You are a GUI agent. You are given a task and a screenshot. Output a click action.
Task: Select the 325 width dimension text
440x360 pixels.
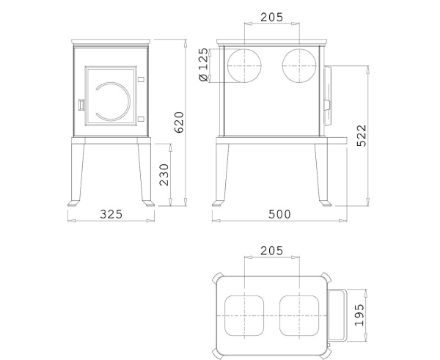[111, 214]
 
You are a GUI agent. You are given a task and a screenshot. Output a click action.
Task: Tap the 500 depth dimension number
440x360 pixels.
[279, 214]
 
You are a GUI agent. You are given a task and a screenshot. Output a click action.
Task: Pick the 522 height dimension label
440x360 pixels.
[361, 135]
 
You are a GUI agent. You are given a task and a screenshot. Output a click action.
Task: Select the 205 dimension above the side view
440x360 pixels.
[271, 16]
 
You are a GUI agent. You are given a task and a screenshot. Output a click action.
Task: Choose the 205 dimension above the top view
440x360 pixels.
[271, 251]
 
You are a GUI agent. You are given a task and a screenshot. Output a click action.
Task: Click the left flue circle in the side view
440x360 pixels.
[243, 66]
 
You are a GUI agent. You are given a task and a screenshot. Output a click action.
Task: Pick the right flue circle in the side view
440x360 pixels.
[299, 66]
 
